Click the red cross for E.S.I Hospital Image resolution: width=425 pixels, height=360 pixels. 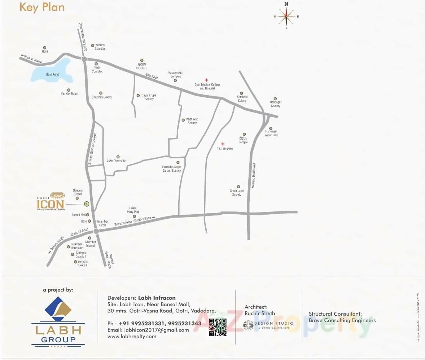pyautogui.click(x=223, y=144)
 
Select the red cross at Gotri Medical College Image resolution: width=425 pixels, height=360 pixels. pyautogui.click(x=207, y=80)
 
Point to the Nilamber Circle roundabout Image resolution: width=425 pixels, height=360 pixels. pyautogui.click(x=96, y=231)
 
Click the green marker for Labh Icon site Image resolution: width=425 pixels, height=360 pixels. pyautogui.click(x=87, y=204)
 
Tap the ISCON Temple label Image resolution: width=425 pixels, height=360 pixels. pyautogui.click(x=243, y=140)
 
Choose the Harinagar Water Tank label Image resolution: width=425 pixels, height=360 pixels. pyautogui.click(x=271, y=133)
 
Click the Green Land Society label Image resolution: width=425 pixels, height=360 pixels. pyautogui.click(x=237, y=193)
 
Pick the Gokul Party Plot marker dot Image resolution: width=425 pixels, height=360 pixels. pyautogui.click(x=134, y=216)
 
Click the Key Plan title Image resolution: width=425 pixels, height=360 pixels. pyautogui.click(x=42, y=7)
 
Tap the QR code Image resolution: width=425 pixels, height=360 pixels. pyautogui.click(x=218, y=327)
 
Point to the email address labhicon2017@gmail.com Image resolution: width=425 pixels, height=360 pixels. pyautogui.click(x=148, y=330)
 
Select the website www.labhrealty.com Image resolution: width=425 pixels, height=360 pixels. pyautogui.click(x=132, y=336)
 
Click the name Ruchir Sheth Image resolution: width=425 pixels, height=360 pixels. pyautogui.click(x=260, y=313)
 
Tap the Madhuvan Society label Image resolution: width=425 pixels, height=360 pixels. pyautogui.click(x=192, y=121)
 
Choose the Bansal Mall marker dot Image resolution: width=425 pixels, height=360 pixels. pyautogui.click(x=88, y=215)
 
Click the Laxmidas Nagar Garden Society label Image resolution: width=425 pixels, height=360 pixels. pyautogui.click(x=171, y=168)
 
